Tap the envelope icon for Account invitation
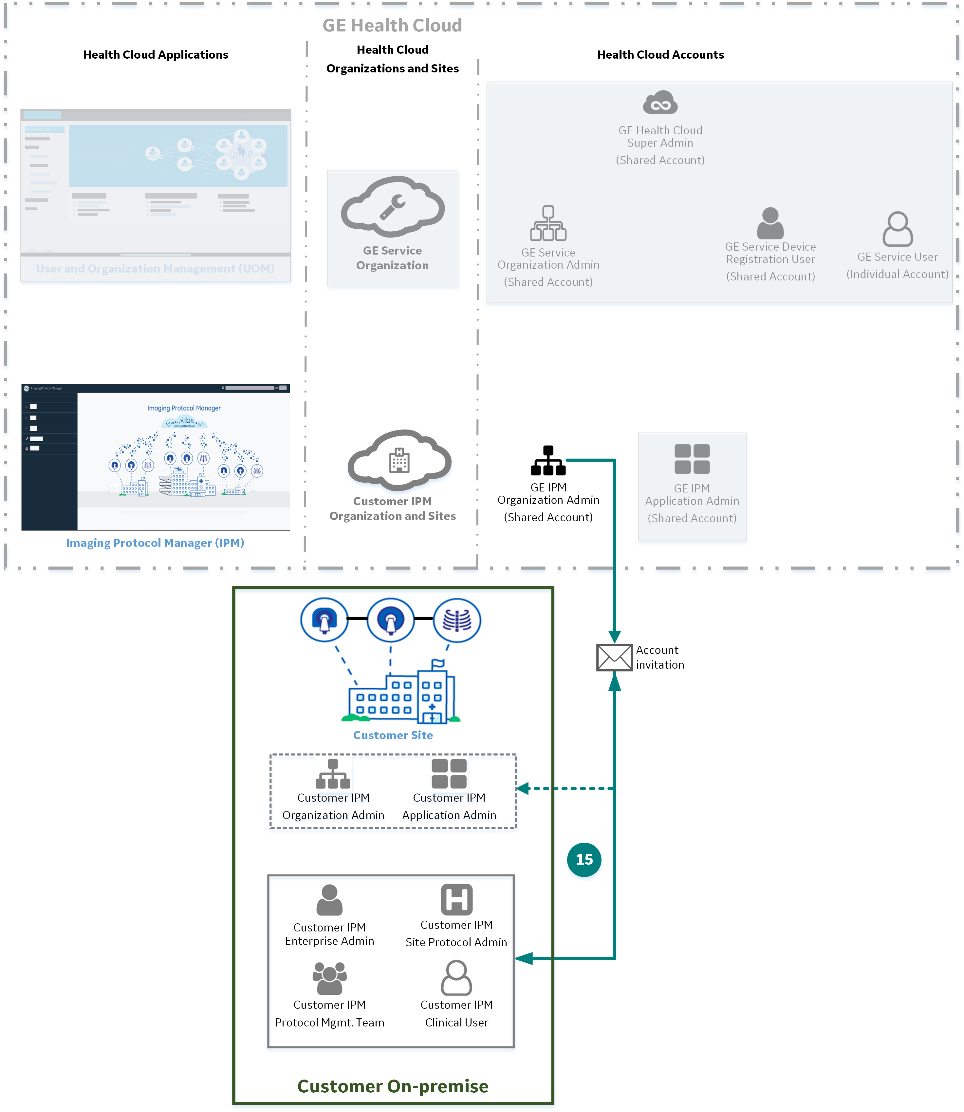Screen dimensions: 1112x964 [x=614, y=657]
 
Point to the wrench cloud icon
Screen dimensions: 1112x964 [x=393, y=207]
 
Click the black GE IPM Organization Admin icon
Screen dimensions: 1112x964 [x=547, y=461]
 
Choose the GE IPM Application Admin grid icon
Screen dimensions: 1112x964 [x=692, y=459]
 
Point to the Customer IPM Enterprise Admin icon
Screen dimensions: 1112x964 [x=329, y=900]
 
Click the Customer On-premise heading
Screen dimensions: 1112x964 [x=393, y=1086]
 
